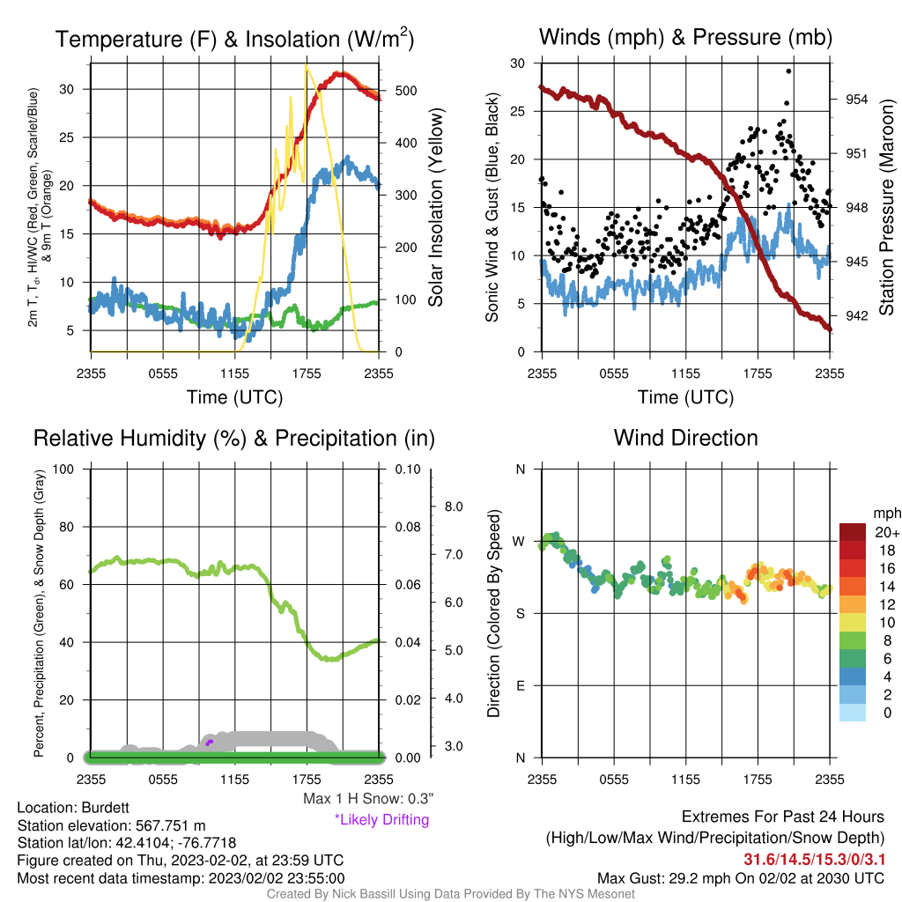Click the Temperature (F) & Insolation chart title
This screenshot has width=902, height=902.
pyautogui.click(x=234, y=39)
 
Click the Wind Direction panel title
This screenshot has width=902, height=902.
pyautogui.click(x=685, y=438)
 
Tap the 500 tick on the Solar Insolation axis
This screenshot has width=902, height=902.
pyautogui.click(x=406, y=91)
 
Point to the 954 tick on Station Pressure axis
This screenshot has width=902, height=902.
pyautogui.click(x=856, y=100)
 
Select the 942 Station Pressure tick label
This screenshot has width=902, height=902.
pyautogui.click(x=856, y=316)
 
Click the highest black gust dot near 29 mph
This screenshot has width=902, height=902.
pyautogui.click(x=788, y=71)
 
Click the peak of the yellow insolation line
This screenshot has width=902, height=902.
pyautogui.click(x=306, y=66)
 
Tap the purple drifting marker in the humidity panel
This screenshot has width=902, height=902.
pyautogui.click(x=209, y=743)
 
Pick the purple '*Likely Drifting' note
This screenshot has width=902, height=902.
pyautogui.click(x=382, y=820)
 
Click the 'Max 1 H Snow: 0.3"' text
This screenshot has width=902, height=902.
pyautogui.click(x=368, y=798)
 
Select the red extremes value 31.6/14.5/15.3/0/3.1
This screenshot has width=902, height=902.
pyautogui.click(x=814, y=859)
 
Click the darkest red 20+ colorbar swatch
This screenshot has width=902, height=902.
pyautogui.click(x=853, y=532)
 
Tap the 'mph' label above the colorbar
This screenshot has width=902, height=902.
pyautogui.click(x=886, y=514)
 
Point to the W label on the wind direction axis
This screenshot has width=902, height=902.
pyautogui.click(x=519, y=542)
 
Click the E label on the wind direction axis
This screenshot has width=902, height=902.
pyautogui.click(x=520, y=685)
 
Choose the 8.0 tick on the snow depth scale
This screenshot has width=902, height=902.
pyautogui.click(x=454, y=506)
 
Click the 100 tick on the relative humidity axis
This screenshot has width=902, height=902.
pyautogui.click(x=63, y=469)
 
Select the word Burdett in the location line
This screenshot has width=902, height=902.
pyautogui.click(x=106, y=808)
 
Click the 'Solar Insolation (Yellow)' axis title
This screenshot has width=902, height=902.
pyautogui.click(x=436, y=208)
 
